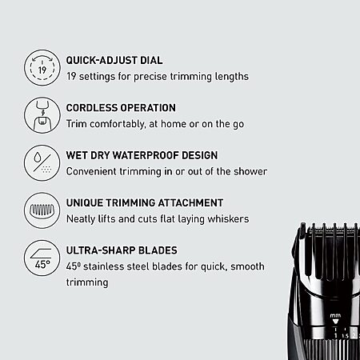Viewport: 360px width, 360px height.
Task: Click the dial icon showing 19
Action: click(x=42, y=67)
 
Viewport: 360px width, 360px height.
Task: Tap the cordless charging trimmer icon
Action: click(x=42, y=115)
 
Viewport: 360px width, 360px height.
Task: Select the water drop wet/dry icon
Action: click(x=42, y=163)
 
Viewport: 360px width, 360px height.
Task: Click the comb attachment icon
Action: click(x=42, y=210)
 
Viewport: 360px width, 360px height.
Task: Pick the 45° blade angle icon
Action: click(x=42, y=258)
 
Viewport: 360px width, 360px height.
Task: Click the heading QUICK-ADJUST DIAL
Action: click(x=114, y=60)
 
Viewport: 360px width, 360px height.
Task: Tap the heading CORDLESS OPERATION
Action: click(x=121, y=108)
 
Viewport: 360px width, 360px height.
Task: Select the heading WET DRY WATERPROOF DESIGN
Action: click(x=142, y=155)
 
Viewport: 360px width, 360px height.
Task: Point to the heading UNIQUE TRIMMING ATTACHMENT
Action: click(x=145, y=202)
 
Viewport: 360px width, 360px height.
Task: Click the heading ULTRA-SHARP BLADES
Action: click(x=122, y=250)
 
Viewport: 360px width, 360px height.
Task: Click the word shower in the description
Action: click(x=250, y=171)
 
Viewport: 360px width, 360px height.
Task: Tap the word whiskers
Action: click(x=228, y=219)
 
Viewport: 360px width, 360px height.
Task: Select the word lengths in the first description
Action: click(x=232, y=77)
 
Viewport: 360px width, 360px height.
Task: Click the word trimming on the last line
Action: click(x=87, y=282)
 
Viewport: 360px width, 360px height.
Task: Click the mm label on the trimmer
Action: click(x=335, y=316)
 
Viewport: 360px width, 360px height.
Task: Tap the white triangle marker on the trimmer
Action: click(x=335, y=322)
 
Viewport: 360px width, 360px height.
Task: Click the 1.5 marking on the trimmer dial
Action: click(x=346, y=337)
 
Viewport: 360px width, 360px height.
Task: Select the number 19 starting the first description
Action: click(x=71, y=77)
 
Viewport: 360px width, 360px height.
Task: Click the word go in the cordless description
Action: click(x=238, y=125)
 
